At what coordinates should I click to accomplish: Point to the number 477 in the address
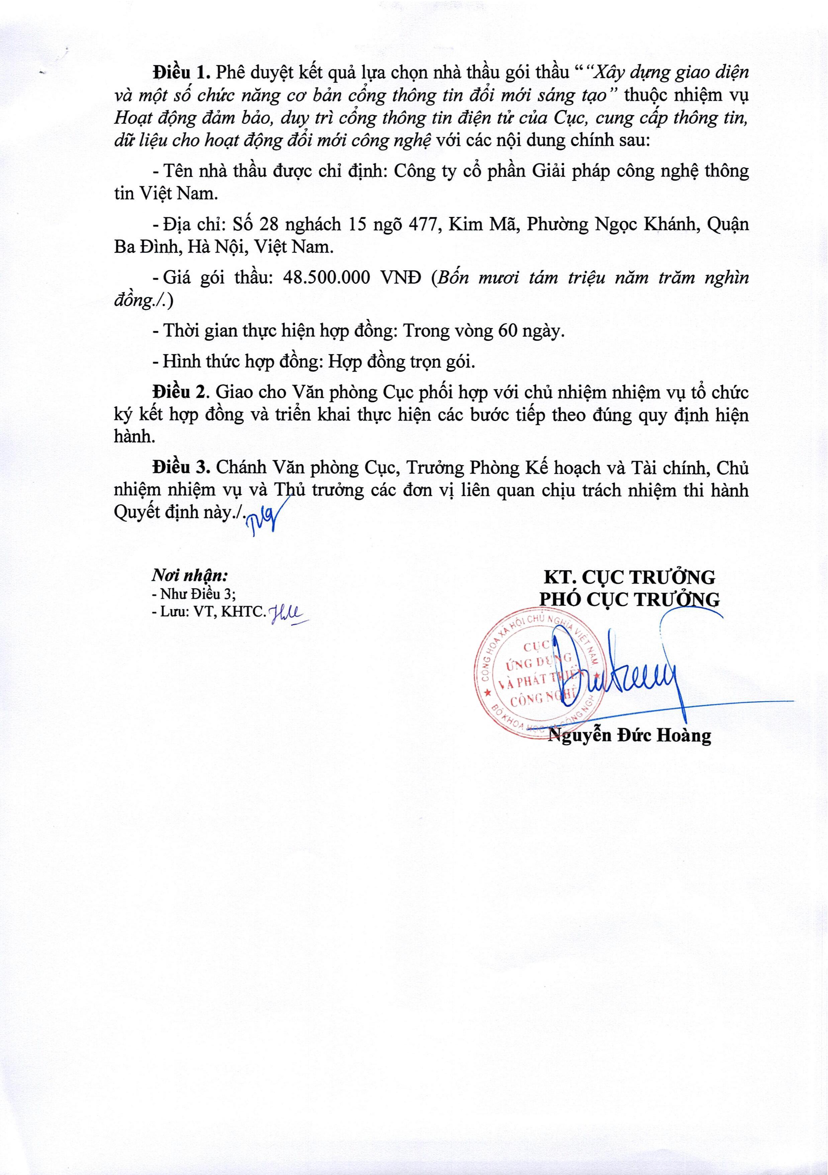pos(423,225)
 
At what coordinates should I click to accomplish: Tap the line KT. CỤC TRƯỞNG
pos(629,577)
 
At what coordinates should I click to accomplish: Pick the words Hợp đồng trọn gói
pos(401,362)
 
